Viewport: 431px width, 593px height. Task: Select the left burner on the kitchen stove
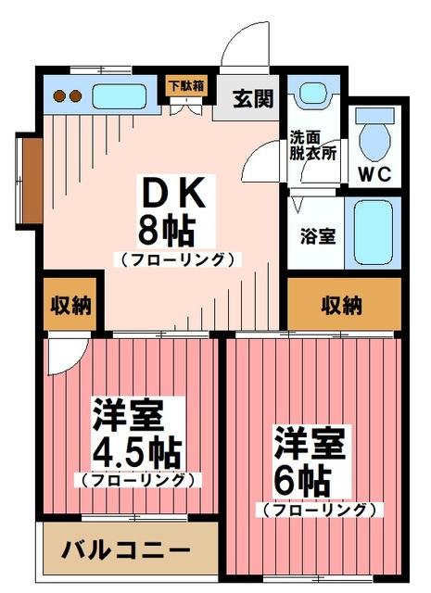57,95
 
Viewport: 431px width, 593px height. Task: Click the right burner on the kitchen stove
73,95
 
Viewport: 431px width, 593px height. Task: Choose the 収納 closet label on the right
342,304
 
